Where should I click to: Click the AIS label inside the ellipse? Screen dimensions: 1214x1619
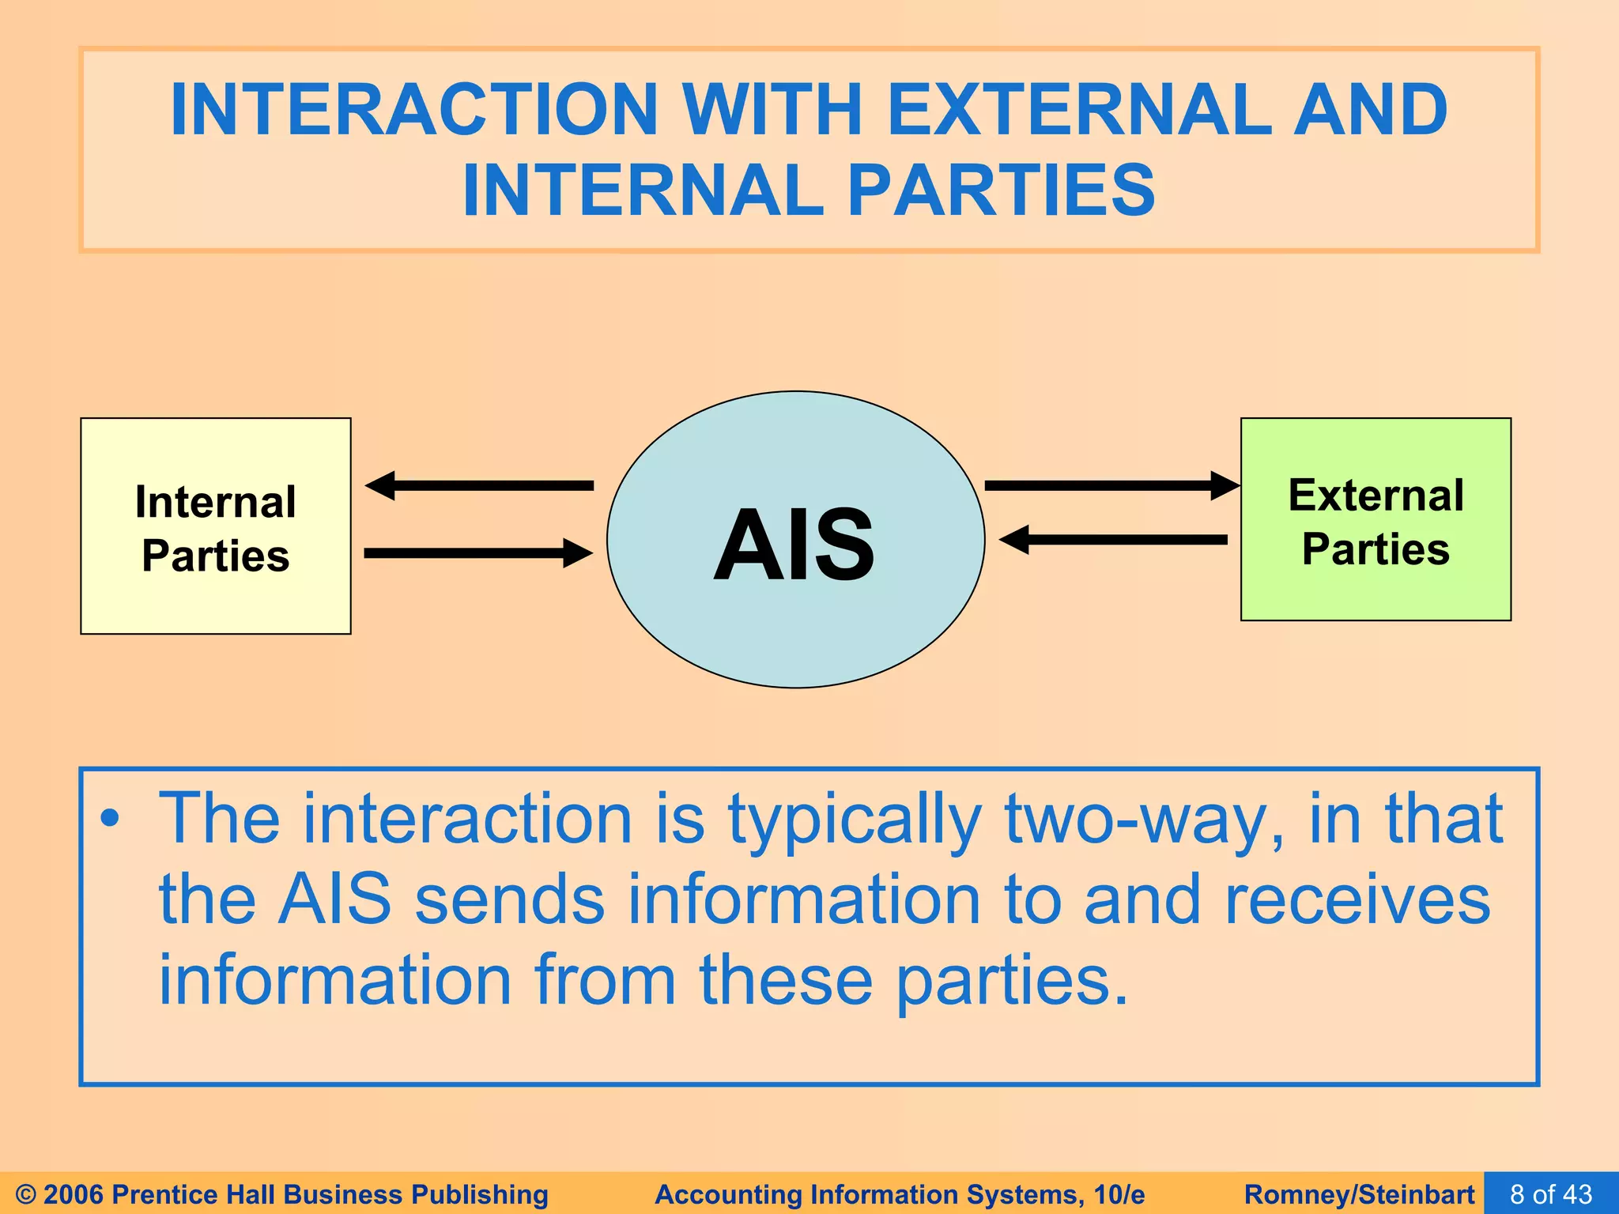(794, 545)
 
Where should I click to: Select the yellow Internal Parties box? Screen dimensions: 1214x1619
(215, 526)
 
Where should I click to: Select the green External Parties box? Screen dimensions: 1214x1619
(1376, 520)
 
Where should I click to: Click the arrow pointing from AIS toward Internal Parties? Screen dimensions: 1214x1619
(479, 485)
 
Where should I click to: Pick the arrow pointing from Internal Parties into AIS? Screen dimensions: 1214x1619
(479, 552)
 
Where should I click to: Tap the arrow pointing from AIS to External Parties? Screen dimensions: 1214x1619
(1111, 485)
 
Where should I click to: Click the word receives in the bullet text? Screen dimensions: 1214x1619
(1357, 900)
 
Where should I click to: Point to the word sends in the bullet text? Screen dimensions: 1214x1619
(510, 900)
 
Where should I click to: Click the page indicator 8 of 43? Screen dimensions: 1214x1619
(1551, 1193)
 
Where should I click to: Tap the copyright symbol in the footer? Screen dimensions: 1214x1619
(25, 1194)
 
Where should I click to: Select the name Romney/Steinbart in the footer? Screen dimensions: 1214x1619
(1359, 1194)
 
